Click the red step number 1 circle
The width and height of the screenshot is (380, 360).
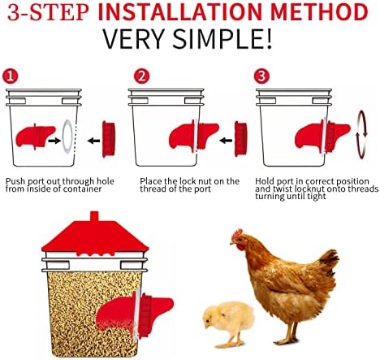[10, 76]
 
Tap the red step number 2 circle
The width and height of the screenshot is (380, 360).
[141, 76]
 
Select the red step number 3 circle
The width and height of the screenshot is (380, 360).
[261, 76]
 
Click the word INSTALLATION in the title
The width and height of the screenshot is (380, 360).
[180, 12]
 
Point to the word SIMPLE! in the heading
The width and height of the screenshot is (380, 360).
[222, 38]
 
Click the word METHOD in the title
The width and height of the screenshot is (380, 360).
[319, 12]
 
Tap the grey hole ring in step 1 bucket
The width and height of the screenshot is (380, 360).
[67, 136]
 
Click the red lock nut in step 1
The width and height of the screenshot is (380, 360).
[109, 139]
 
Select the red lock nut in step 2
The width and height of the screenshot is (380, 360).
[240, 139]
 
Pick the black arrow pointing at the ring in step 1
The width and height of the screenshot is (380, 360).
[54, 141]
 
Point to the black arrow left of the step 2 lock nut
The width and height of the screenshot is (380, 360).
[226, 141]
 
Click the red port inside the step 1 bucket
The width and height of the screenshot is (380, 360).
[35, 137]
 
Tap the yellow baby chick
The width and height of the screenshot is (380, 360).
[228, 323]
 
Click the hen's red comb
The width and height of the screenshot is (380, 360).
[238, 233]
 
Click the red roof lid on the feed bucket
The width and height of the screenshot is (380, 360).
[95, 235]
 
